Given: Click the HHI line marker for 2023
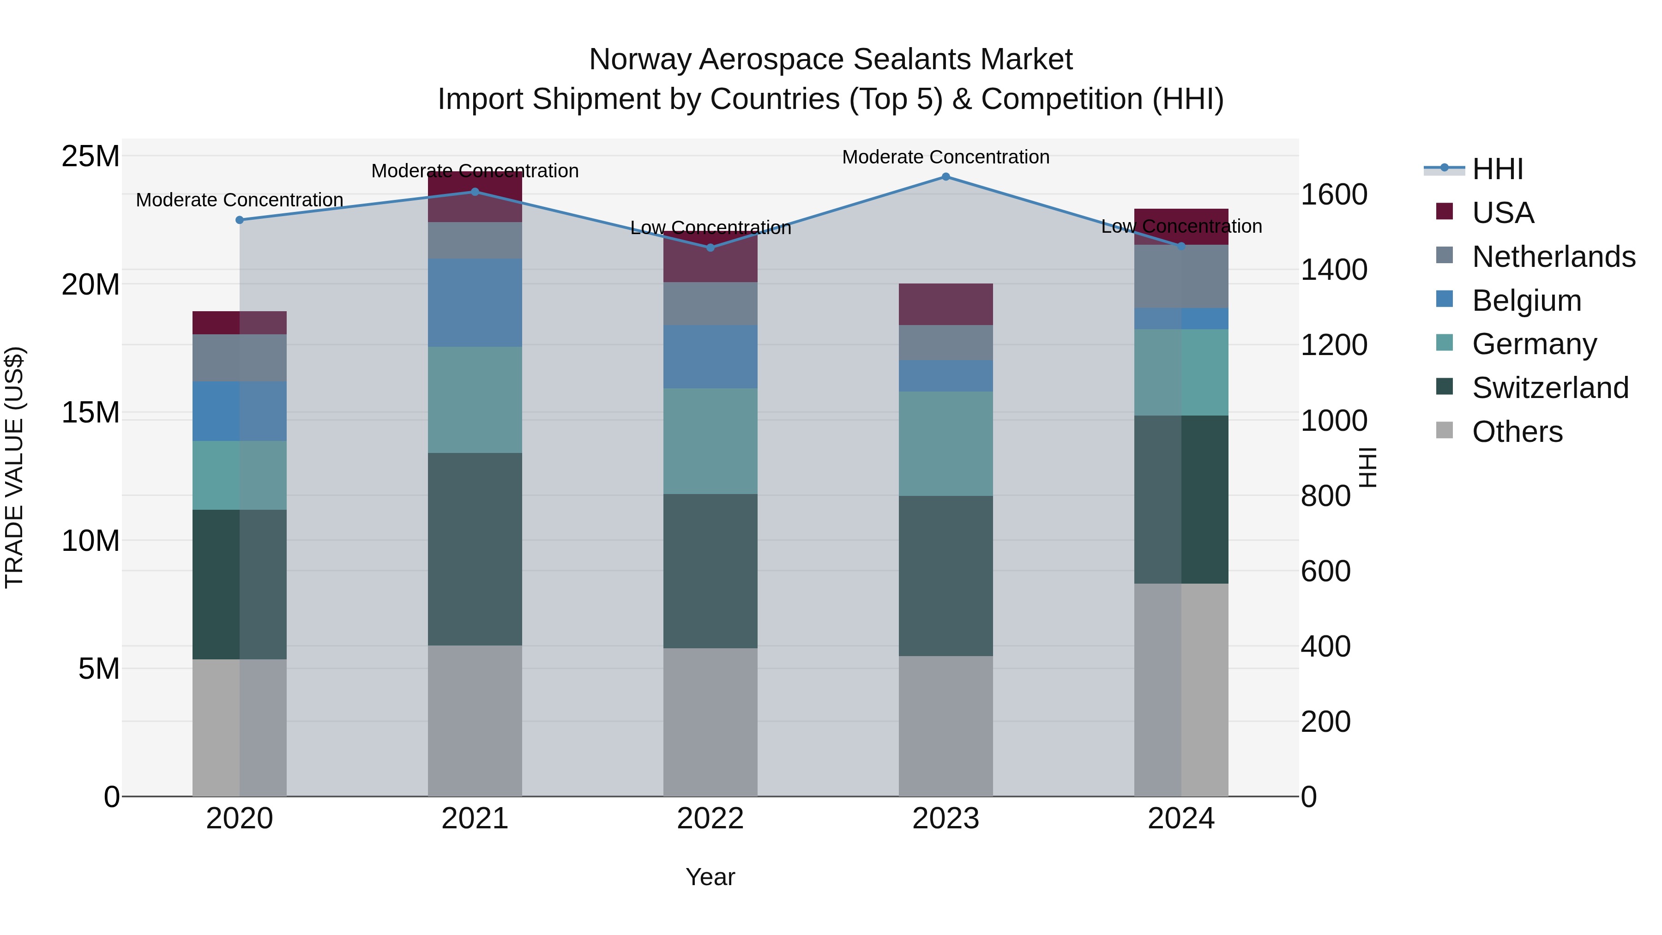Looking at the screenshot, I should click(946, 177).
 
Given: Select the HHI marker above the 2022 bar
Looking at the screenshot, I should click(711, 248).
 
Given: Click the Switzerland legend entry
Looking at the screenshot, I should click(1550, 388).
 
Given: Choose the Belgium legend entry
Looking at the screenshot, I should click(1527, 301).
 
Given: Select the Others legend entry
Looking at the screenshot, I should click(1517, 432).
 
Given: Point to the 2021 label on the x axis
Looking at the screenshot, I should click(475, 819).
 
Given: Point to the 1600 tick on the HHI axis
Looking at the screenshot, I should click(1334, 194).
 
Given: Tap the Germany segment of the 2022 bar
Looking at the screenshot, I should click(711, 441).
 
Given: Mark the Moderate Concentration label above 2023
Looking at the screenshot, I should click(946, 157).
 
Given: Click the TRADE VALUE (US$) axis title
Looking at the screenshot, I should click(14, 467).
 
